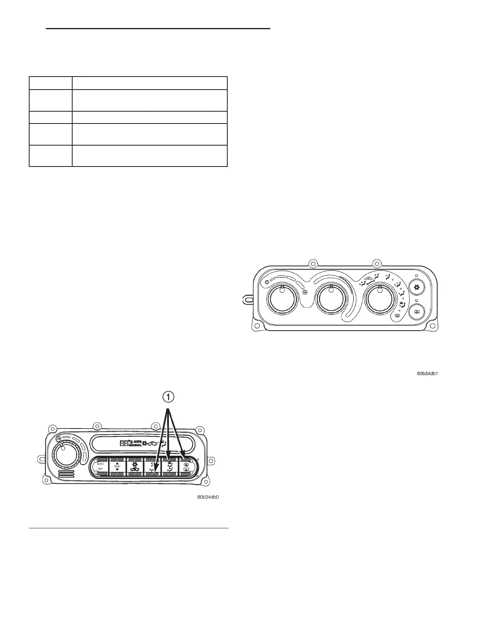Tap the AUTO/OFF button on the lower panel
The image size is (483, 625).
tap(100, 466)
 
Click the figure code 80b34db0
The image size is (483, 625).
tap(208, 497)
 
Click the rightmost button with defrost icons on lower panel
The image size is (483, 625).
tap(187, 466)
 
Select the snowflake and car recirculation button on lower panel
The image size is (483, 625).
tap(135, 466)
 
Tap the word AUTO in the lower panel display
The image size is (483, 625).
tap(136, 442)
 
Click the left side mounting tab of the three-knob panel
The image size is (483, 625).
tap(247, 299)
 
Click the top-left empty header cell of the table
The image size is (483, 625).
tap(51, 83)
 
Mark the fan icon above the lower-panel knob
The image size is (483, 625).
tap(59, 439)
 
